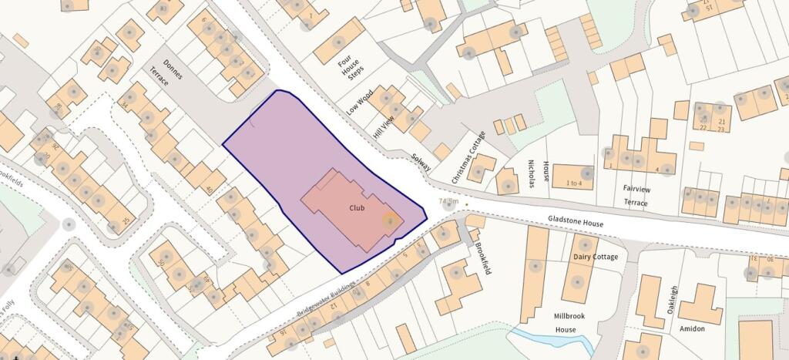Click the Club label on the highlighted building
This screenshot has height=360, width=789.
coord(357,207)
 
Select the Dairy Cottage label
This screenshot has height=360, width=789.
coord(596,257)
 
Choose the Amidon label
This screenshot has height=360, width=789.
coord(692,328)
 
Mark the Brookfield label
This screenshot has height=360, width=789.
coord(483,256)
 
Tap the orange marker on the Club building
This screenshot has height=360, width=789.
coord(391,220)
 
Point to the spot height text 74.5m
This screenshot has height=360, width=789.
coord(448,202)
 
